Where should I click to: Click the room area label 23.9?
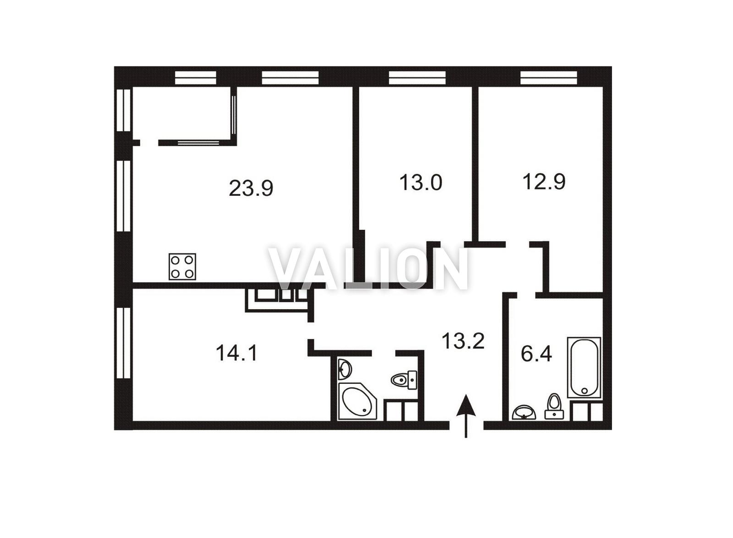click(x=251, y=188)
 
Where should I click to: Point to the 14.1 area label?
click(x=236, y=353)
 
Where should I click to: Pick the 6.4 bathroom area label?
click(x=536, y=354)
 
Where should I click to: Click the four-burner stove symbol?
click(x=182, y=266)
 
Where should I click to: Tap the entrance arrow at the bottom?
click(x=466, y=416)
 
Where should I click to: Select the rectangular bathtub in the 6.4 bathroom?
click(x=585, y=367)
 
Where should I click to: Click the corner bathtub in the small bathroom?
click(x=357, y=401)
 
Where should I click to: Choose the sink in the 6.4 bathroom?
click(x=524, y=412)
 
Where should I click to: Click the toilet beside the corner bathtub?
click(x=404, y=380)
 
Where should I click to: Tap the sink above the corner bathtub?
click(x=345, y=369)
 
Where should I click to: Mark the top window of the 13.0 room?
click(x=417, y=78)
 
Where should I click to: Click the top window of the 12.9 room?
click(x=549, y=78)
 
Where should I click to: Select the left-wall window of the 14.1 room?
click(x=124, y=343)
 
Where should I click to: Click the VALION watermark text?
click(x=369, y=269)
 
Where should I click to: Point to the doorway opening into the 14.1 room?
click(x=311, y=331)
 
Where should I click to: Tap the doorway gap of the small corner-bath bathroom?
click(x=384, y=353)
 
